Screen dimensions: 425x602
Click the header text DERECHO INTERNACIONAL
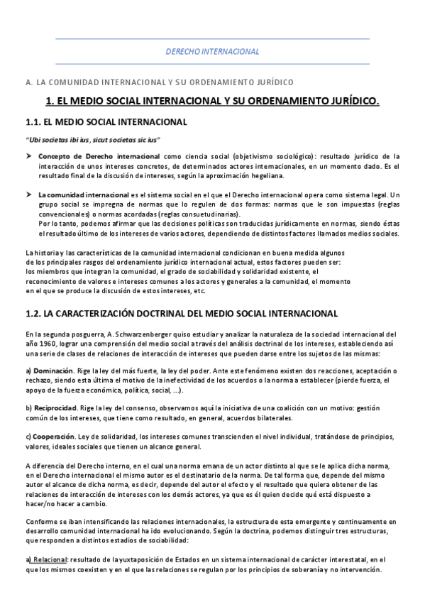pos(212,52)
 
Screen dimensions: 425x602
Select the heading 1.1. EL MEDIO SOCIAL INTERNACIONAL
pos(106,122)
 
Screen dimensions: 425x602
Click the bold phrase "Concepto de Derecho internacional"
pos(99,156)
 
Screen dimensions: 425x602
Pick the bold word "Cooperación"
pos(55,437)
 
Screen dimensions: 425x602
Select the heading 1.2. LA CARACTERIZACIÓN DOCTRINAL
pos(181,313)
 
